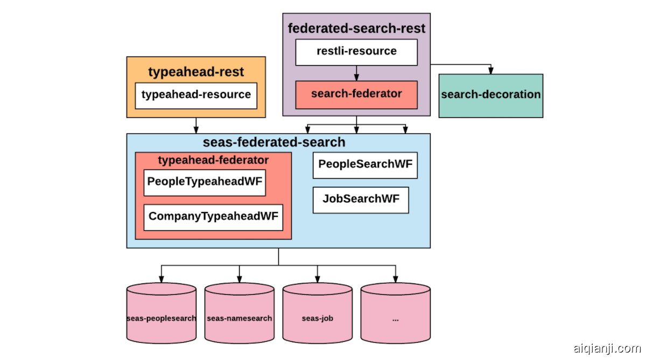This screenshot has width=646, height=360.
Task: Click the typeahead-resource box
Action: point(196,95)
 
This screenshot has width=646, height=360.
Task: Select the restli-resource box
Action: point(356,52)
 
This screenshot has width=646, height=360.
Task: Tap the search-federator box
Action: point(356,95)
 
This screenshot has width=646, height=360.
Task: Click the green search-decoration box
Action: point(490,95)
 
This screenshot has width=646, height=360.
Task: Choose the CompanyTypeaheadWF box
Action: point(213,217)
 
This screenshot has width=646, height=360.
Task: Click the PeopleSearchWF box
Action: point(365,165)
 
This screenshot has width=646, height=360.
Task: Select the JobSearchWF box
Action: point(361,200)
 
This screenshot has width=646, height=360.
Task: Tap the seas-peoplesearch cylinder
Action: point(161,315)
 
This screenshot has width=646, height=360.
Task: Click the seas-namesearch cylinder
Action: point(240,315)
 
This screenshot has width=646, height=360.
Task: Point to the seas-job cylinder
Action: point(318,315)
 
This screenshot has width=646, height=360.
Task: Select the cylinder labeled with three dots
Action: point(396,315)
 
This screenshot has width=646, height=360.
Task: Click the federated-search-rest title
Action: point(356,29)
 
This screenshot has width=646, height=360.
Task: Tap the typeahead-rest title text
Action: point(196,72)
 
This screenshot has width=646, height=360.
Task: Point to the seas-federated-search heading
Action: point(274,143)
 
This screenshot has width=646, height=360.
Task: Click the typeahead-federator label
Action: point(213,160)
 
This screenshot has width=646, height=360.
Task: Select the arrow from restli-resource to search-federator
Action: point(356,73)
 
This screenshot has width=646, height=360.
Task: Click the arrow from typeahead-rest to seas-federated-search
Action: point(196,125)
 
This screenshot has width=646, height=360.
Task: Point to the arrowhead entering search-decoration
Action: point(490,71)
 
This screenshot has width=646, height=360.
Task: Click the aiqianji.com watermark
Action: point(606,348)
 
